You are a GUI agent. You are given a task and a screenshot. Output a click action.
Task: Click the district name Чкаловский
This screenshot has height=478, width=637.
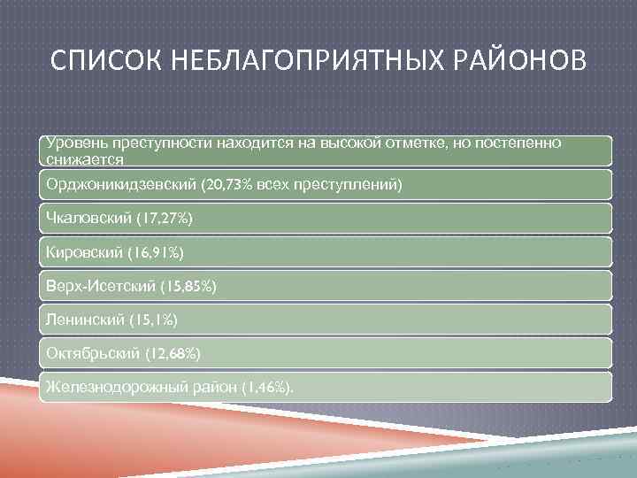(85, 218)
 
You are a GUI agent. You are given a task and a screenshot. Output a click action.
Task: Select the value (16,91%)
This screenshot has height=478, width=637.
(154, 253)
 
